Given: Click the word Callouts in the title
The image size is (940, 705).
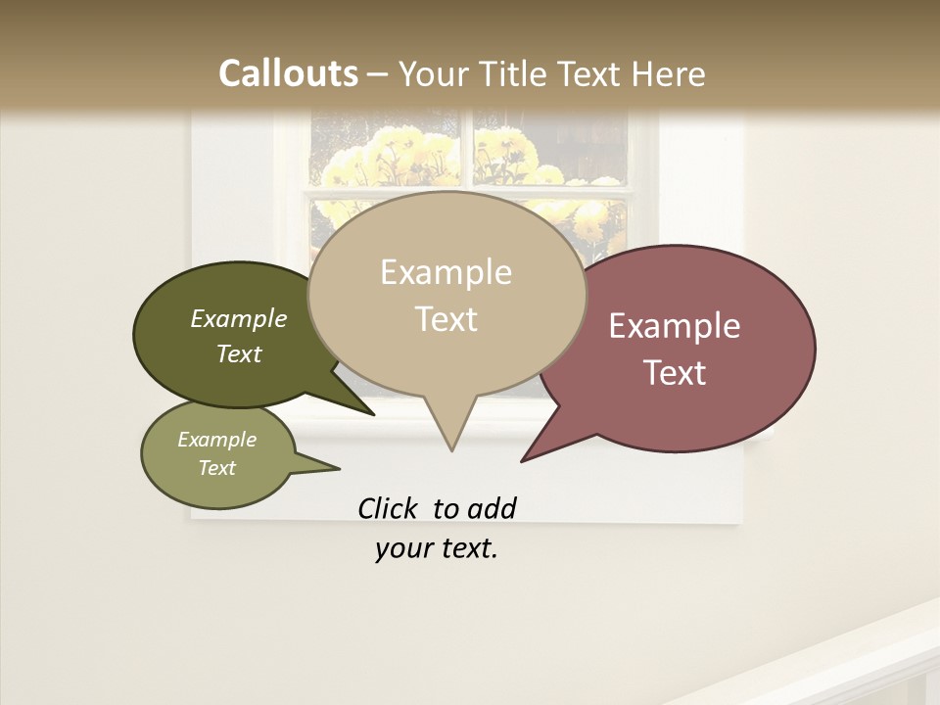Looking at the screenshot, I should point(288,73).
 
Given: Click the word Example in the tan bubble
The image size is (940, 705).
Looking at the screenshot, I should point(446,272).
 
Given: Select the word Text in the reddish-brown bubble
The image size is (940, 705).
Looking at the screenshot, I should point(674,373).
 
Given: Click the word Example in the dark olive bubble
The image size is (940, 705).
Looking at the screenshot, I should point(239,318).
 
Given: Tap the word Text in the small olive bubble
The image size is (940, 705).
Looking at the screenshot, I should point(217,468).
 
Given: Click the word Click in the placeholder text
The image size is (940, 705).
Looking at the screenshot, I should point(387,508).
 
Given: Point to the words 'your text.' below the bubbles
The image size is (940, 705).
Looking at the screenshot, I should point(437,548).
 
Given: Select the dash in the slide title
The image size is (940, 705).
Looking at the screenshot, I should point(378,74).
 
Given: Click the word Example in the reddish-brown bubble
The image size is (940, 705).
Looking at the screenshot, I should point(674,326).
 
